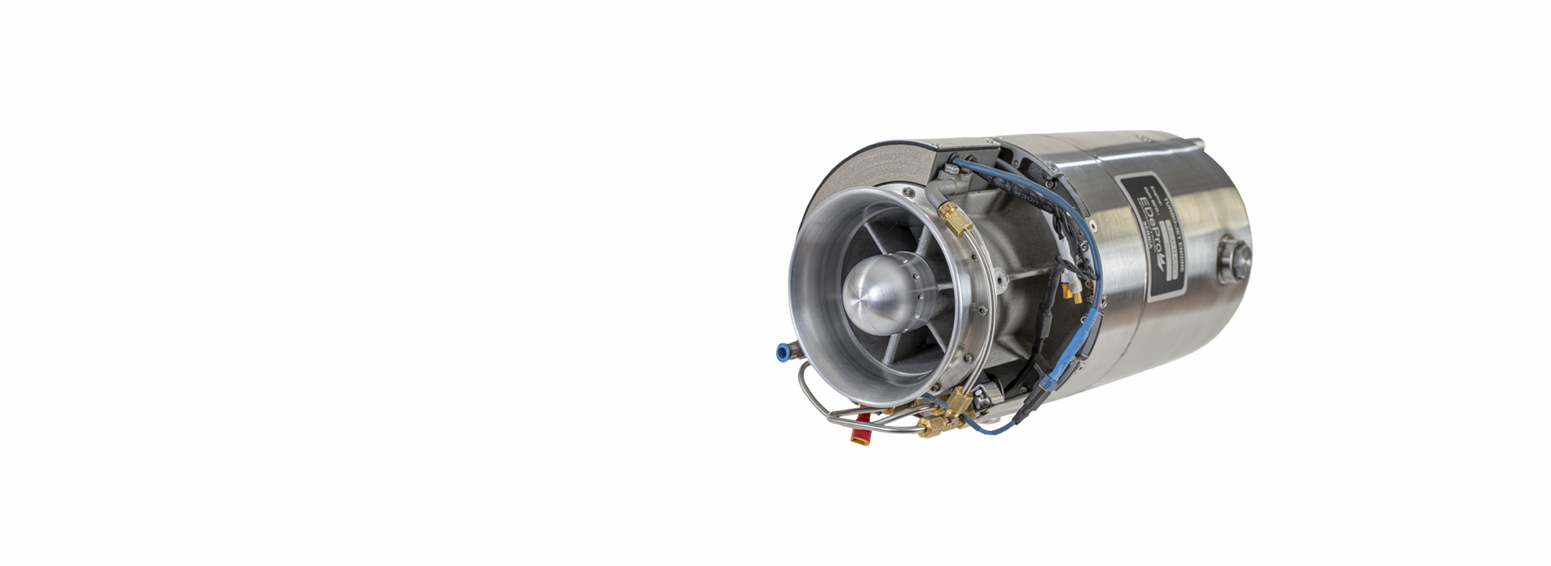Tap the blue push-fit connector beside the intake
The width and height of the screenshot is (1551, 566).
coord(782,353)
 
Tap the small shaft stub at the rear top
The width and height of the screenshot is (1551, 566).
coord(1197,144)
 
